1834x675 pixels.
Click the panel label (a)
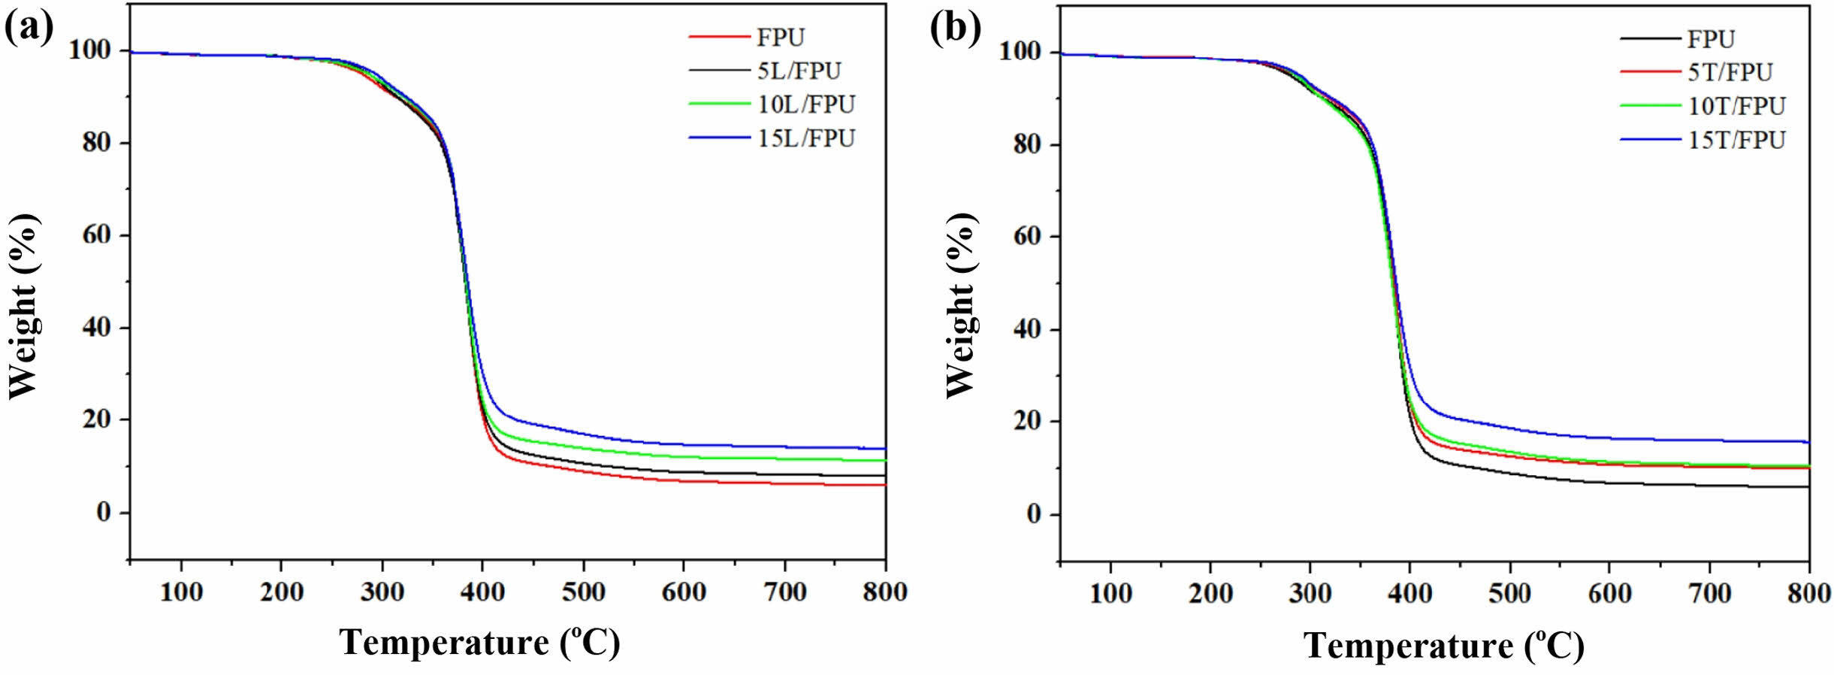[x=29, y=29]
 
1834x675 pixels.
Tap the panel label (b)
[x=955, y=29]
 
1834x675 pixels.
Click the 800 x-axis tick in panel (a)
[x=885, y=592]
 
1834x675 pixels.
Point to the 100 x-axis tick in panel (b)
[x=1110, y=594]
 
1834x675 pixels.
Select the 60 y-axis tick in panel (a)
[x=97, y=235]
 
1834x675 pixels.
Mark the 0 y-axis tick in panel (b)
[x=1034, y=515]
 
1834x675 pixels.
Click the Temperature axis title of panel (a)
[x=480, y=643]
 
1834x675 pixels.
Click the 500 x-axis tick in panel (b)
[x=1509, y=594]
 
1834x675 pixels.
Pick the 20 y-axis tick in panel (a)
[x=97, y=419]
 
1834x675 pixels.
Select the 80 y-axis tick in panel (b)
[x=1026, y=144]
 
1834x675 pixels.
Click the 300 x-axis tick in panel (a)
[x=382, y=592]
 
